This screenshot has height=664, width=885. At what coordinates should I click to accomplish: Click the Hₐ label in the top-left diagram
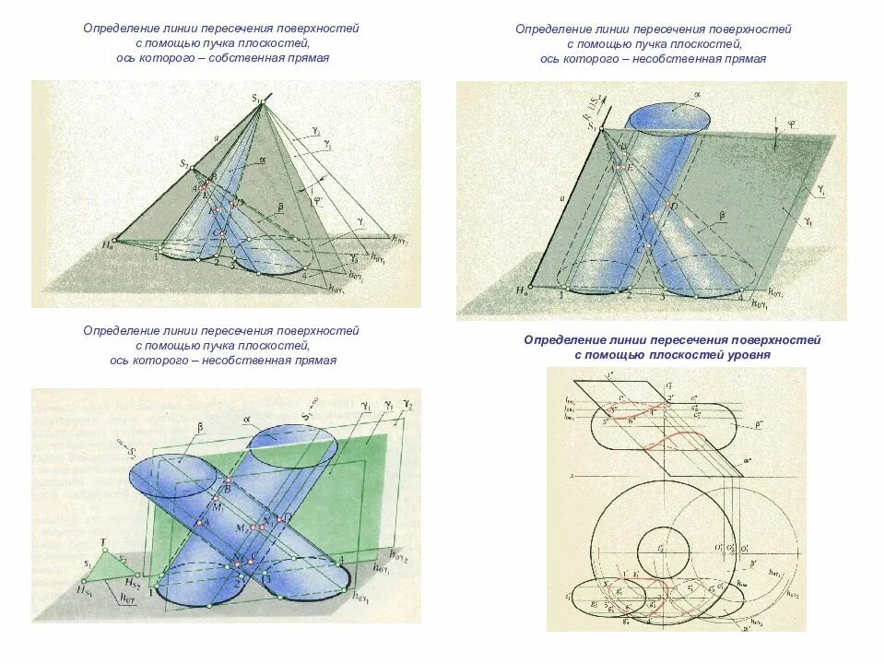click(x=109, y=245)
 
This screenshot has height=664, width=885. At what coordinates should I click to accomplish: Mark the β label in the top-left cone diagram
click(x=279, y=207)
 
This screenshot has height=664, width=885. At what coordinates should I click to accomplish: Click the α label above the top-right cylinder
click(x=698, y=94)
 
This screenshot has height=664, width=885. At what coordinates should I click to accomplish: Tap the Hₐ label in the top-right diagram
click(x=524, y=291)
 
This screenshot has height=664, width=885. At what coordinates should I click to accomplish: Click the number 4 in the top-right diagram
click(x=739, y=296)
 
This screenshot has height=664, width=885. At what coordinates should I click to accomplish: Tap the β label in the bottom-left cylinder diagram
click(x=199, y=426)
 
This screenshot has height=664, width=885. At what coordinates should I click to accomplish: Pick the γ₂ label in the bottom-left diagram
click(x=408, y=406)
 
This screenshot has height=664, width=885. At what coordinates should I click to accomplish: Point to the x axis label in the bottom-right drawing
click(x=572, y=476)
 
